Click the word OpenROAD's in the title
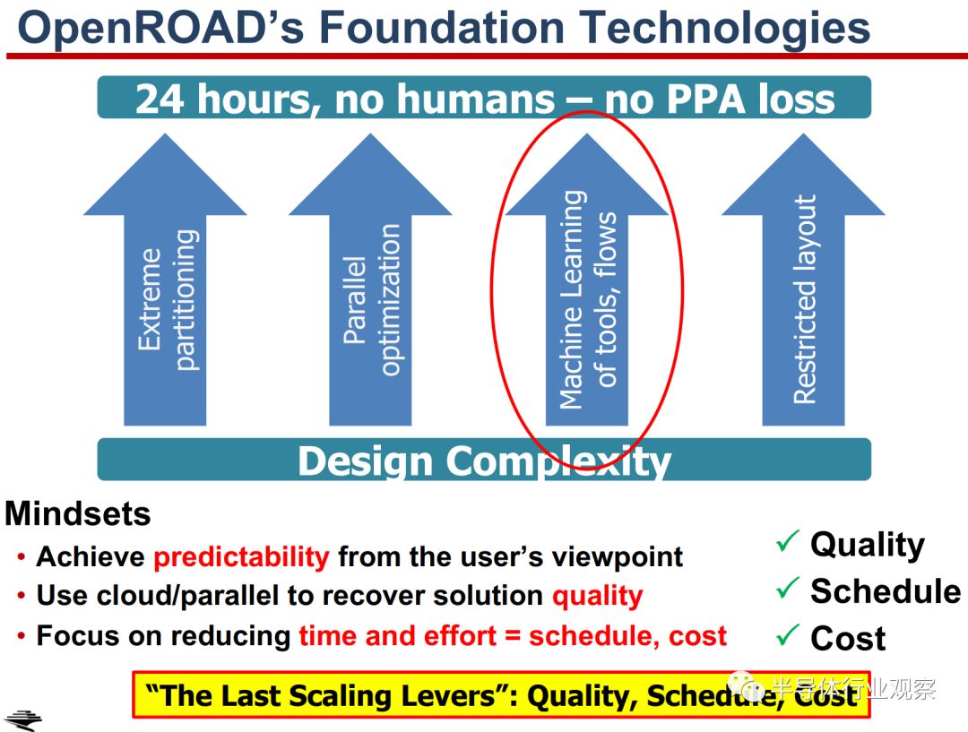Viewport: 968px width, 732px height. click(161, 29)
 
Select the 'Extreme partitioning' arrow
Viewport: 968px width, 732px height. click(165, 280)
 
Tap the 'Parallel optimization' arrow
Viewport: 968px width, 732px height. click(370, 280)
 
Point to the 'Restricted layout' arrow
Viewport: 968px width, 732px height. click(803, 280)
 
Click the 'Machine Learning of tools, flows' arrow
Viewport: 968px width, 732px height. click(586, 280)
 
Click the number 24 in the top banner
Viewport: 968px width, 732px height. click(160, 99)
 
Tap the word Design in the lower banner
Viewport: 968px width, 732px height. click(366, 461)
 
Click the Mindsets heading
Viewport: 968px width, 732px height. click(78, 513)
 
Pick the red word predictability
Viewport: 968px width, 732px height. click(241, 556)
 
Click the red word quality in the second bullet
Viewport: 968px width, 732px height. click(598, 597)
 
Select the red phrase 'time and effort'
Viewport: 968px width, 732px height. click(398, 636)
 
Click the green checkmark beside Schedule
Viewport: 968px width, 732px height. click(787, 588)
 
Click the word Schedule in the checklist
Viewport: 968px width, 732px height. click(886, 591)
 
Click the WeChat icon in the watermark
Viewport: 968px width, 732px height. click(746, 686)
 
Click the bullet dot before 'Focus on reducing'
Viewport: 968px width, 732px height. click(22, 636)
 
